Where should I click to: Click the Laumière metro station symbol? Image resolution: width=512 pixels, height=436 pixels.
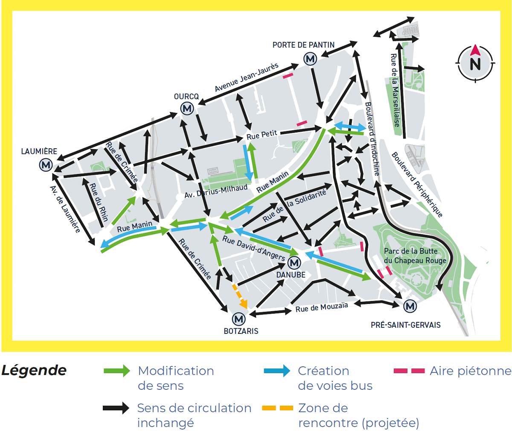click(46, 165)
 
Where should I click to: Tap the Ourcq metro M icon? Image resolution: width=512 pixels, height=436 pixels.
click(187, 109)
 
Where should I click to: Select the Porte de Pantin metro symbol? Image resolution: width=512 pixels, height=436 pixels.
click(310, 59)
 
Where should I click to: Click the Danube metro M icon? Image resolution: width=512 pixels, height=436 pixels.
click(294, 262)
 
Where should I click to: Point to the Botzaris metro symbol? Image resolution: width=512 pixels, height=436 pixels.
click(239, 319)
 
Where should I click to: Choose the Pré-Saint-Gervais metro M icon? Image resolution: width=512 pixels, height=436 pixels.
click(410, 306)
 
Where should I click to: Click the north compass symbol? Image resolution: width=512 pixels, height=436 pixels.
click(475, 63)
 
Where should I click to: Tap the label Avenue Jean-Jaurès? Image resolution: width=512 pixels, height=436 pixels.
click(247, 77)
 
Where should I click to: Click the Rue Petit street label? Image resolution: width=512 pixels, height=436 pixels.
click(262, 135)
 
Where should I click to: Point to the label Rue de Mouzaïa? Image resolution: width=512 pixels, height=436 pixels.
click(322, 307)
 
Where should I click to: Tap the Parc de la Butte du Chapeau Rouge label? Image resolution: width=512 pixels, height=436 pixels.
click(415, 256)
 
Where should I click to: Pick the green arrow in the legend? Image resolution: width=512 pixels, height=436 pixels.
click(117, 371)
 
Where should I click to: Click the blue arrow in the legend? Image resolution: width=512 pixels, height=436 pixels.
click(277, 371)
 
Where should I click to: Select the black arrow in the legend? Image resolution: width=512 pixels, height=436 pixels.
click(116, 408)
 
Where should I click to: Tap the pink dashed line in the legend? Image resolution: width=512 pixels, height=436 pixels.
click(409, 371)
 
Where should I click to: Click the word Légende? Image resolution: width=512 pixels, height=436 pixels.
click(34, 370)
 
